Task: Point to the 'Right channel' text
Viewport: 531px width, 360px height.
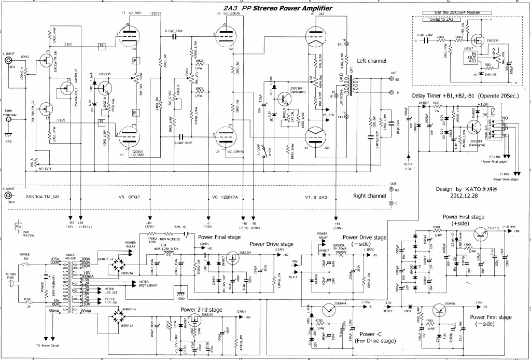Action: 369,196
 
